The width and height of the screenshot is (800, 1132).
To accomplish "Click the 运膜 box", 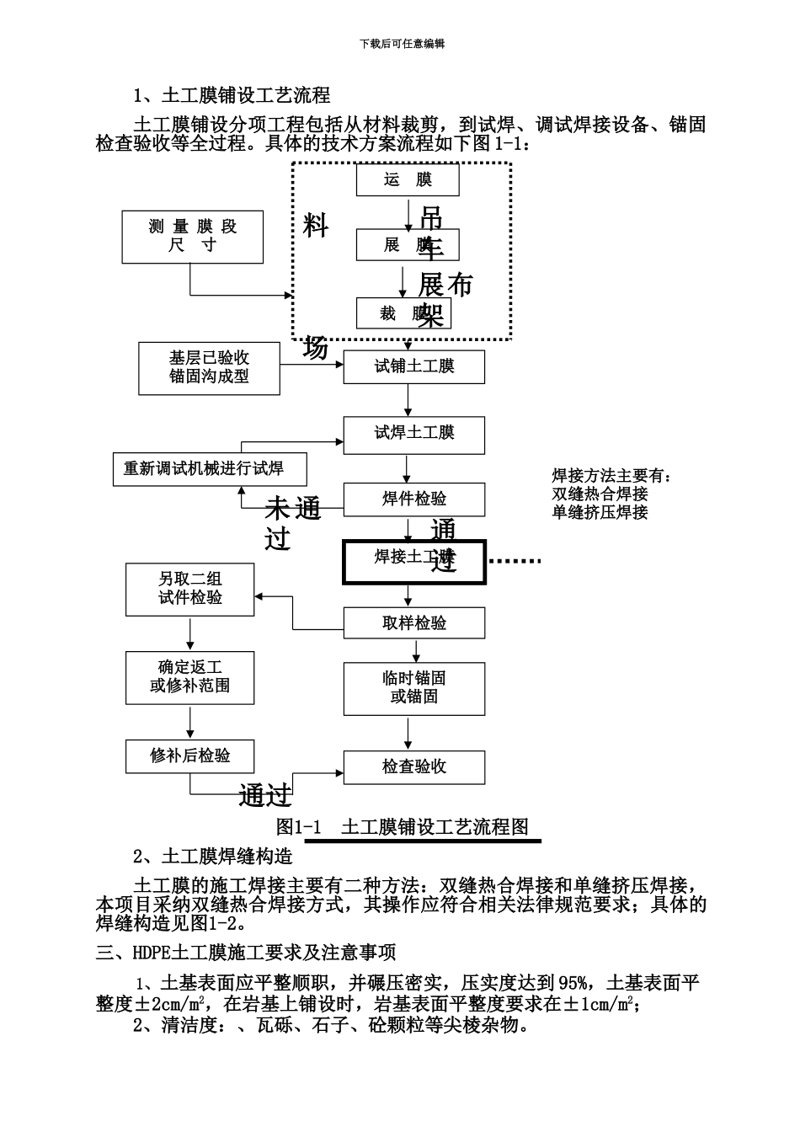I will [x=408, y=180].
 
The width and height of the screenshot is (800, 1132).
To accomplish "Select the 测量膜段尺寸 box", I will [x=193, y=237].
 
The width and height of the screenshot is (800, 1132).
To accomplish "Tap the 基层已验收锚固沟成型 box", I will [x=209, y=368].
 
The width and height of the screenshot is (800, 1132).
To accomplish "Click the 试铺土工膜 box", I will [x=413, y=367].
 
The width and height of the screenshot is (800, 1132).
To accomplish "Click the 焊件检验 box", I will [x=413, y=499].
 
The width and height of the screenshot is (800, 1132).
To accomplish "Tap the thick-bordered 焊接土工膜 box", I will [x=413, y=562].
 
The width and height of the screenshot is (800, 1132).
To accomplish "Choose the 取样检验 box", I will [x=413, y=623].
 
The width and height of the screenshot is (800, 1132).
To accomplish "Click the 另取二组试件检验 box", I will [x=190, y=590].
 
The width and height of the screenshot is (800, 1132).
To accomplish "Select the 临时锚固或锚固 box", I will [x=413, y=688].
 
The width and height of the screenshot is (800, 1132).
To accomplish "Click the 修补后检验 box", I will [x=190, y=756].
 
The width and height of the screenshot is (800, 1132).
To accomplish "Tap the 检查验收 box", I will [x=413, y=767].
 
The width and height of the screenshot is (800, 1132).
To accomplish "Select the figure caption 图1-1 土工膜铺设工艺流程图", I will [x=403, y=827].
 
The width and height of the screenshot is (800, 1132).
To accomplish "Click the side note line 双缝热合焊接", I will [x=600, y=494].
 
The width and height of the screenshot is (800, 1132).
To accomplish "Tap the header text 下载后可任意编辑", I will [x=402, y=44].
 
